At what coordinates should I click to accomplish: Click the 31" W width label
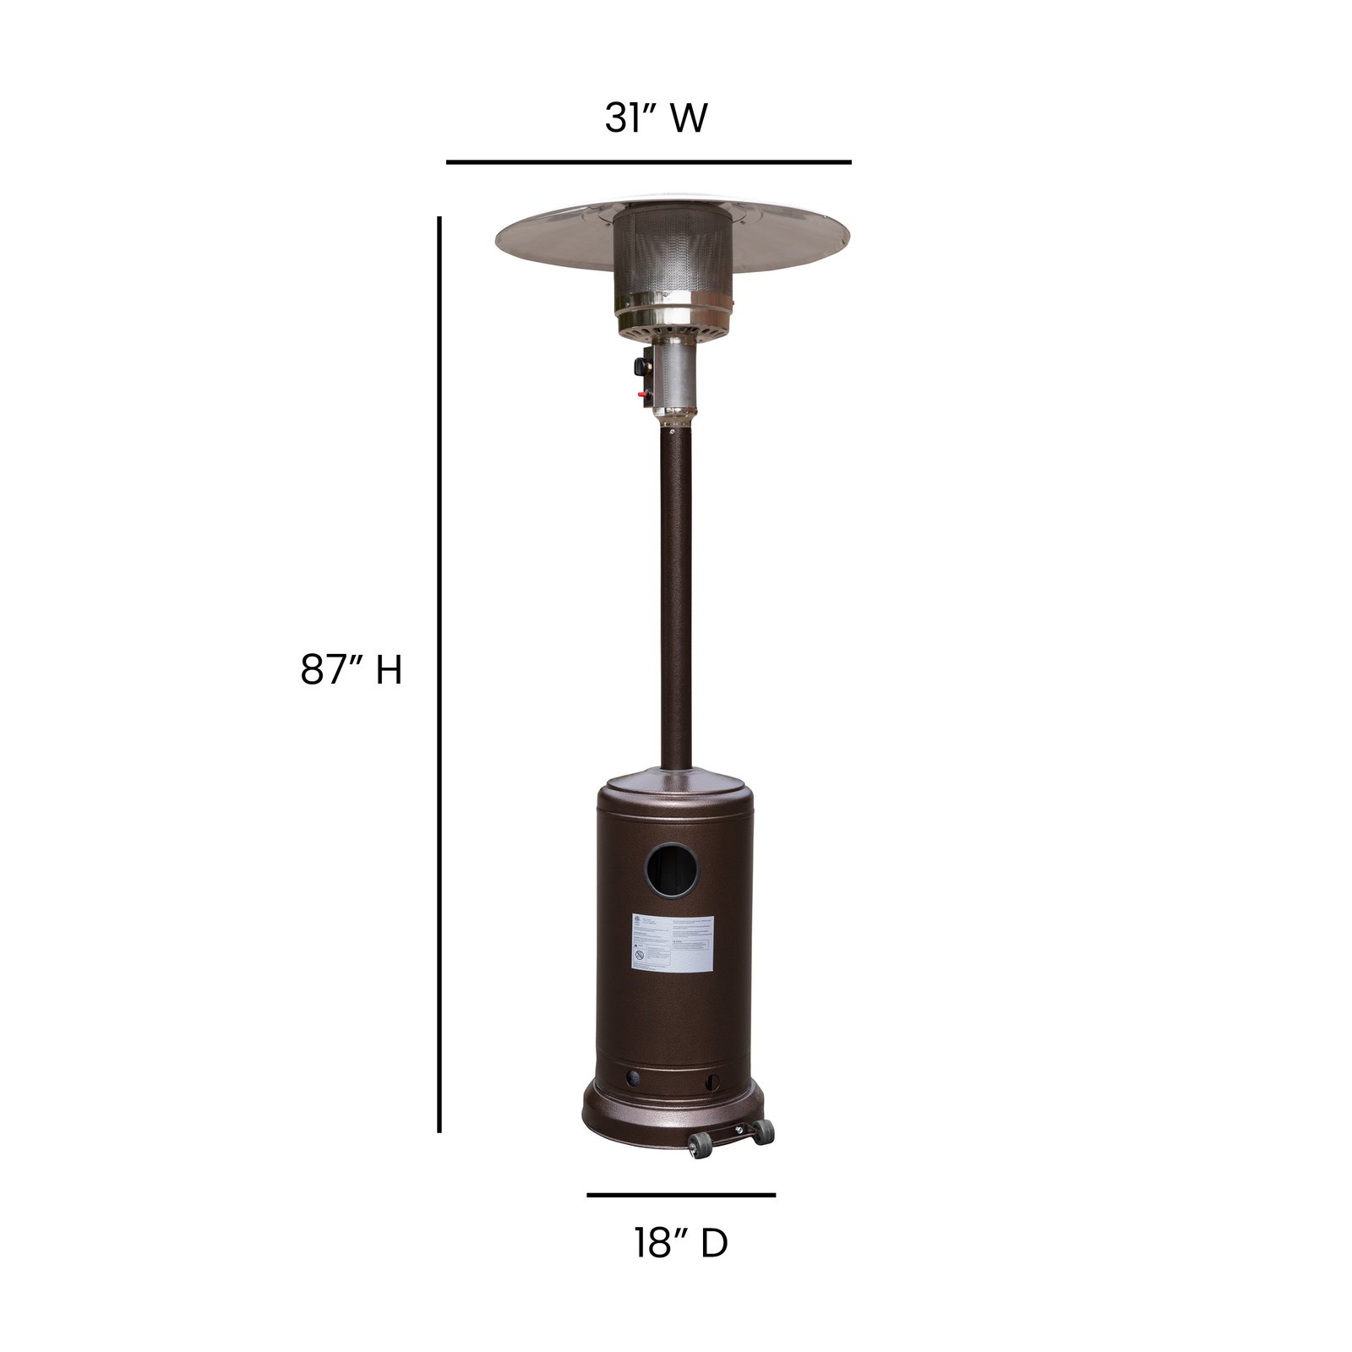coord(656,118)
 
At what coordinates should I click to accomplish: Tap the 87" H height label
coord(352,671)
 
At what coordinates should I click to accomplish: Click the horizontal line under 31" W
coord(648,161)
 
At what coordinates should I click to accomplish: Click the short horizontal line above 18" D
coord(681,1195)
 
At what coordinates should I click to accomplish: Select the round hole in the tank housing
coord(668,870)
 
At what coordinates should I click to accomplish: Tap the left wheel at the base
coord(700,1147)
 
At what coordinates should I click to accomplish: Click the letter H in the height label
coord(389,671)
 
